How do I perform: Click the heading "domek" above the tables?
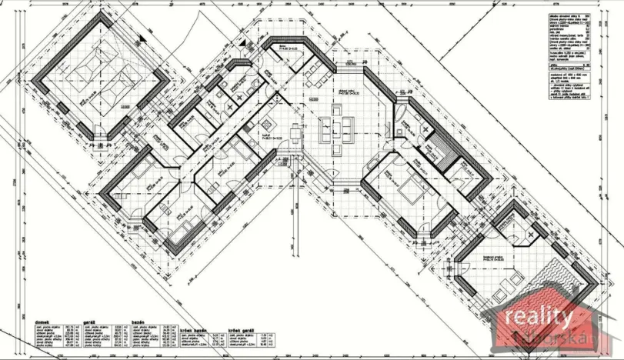pyautogui.click(x=43, y=312)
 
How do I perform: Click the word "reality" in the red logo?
pyautogui.click(x=538, y=316)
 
